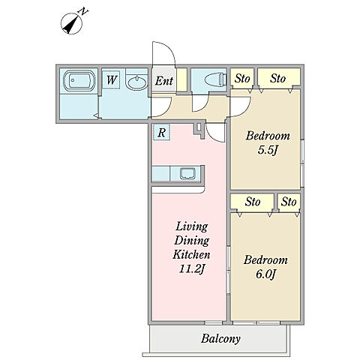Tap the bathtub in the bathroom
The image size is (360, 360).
pos(79,81)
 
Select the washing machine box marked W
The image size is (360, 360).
pos(111,80)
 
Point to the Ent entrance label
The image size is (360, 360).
pos(164,81)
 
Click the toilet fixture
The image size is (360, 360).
pos(216,80)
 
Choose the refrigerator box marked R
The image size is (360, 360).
pos(161,132)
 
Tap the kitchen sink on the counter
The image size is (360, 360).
pos(187,173)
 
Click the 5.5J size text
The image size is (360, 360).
pos(268,150)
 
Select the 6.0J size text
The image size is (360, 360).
pos(265,274)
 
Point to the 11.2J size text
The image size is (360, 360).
pos(192,269)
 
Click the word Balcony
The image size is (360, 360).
pos(220,339)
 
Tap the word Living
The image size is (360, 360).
pos(191,226)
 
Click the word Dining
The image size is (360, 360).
pos(192,241)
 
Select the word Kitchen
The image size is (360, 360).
pos(191,254)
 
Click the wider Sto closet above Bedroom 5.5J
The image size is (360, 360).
pos(279,76)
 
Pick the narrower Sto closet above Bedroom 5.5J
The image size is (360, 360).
pos(242,78)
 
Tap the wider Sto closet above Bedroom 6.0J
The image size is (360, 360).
pos(252,202)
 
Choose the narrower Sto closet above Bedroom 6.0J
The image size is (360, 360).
pos(289,202)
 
